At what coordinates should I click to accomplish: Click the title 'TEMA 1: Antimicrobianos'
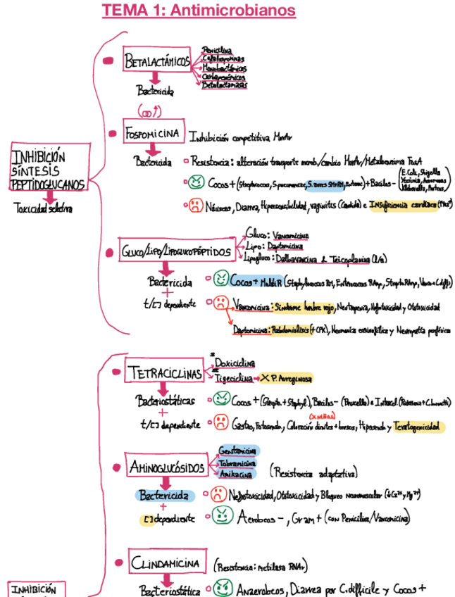tap(199, 11)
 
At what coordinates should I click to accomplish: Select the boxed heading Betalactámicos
tap(158, 62)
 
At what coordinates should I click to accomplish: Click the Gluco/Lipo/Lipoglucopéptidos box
tap(176, 250)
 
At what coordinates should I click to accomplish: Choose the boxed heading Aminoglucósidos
tap(166, 467)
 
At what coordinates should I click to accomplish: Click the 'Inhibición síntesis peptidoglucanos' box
tap(49, 170)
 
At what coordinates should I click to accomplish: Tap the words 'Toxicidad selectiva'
tap(43, 208)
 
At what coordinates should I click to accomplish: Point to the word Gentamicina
tap(237, 451)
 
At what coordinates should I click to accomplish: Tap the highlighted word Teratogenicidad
tap(417, 426)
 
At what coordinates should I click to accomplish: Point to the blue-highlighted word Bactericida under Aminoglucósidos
tap(163, 496)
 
